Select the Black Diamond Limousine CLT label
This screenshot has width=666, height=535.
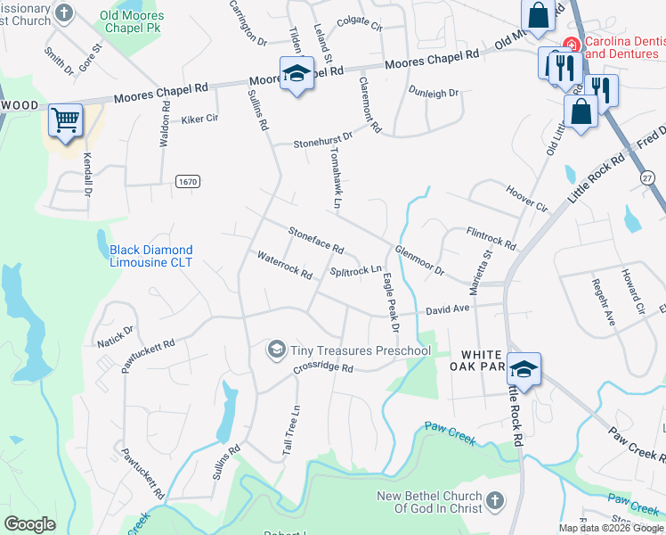[x=150, y=256]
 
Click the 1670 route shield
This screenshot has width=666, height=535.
[x=187, y=182]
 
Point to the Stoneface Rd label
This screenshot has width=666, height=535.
[x=316, y=239]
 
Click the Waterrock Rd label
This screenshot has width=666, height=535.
[x=284, y=265]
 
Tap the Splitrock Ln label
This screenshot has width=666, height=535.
[x=355, y=270]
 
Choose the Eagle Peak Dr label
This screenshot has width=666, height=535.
[x=390, y=303]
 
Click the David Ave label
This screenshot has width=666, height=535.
[x=447, y=309]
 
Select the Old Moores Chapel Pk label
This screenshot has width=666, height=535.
[x=132, y=21]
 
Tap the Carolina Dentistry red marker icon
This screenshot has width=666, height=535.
[x=570, y=45]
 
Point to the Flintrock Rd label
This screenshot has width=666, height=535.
[x=491, y=237]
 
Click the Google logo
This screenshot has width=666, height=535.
[x=29, y=524]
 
